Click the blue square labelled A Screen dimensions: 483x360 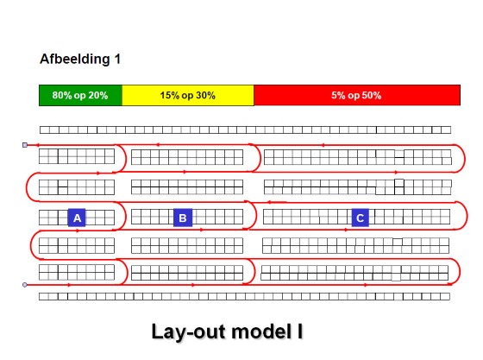coord(77,218)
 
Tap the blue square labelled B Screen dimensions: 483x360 coord(183,218)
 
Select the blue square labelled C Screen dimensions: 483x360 coord(361,218)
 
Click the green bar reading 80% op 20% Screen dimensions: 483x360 coord(81,95)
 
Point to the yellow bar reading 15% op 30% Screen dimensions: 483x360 coord(188,95)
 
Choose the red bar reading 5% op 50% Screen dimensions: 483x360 coord(357,95)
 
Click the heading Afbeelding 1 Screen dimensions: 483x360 coord(80,59)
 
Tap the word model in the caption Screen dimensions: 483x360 coord(261,332)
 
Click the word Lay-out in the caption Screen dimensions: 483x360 coord(189,332)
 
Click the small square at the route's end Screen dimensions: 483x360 coord(25,145)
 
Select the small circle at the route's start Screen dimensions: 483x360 coord(25,285)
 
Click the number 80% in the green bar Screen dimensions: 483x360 coord(62,95)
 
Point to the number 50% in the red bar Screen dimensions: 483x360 coord(371,95)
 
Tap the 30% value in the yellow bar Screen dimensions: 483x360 coord(205,95)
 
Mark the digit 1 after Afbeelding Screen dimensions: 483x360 coord(117,59)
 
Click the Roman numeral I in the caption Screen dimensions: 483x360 coord(299,332)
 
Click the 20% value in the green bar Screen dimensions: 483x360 coord(98,95)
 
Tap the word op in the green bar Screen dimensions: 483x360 coord(80,96)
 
